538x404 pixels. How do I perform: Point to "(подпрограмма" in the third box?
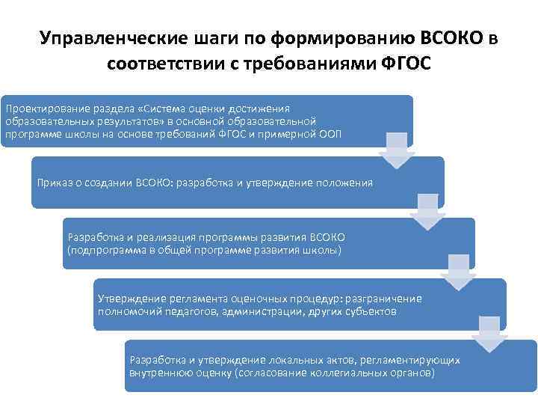coord(101,249)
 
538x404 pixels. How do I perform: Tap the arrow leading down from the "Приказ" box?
coord(426,212)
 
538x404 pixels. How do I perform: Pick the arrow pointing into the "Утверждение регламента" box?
coord(457,273)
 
